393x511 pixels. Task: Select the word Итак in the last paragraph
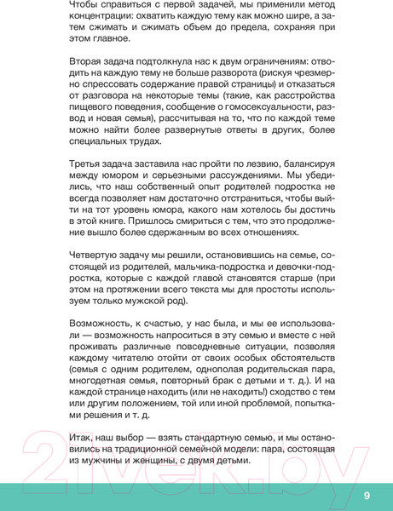(x=81, y=435)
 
